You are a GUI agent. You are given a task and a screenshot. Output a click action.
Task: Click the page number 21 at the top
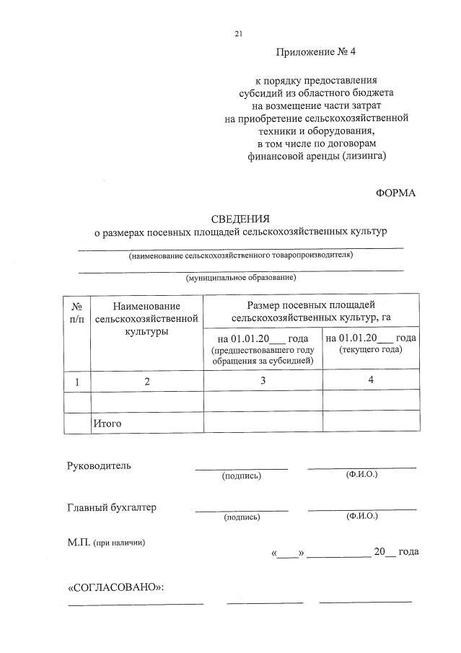(x=239, y=33)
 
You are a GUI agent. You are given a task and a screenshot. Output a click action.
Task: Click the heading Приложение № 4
(x=310, y=52)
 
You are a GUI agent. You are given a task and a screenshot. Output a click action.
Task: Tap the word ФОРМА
(x=396, y=193)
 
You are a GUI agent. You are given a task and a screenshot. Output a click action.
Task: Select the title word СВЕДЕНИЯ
(x=240, y=219)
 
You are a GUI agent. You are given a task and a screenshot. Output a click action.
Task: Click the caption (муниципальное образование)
(x=241, y=277)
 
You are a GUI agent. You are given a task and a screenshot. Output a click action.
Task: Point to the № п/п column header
(x=78, y=312)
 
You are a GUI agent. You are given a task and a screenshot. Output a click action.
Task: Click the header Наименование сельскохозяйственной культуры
(x=146, y=318)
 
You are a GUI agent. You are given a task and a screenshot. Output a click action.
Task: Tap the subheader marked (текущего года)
(x=370, y=349)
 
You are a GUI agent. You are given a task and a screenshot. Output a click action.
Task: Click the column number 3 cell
(x=263, y=380)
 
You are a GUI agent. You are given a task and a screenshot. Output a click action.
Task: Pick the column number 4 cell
(x=371, y=380)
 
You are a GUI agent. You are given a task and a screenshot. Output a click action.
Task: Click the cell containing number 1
(x=78, y=381)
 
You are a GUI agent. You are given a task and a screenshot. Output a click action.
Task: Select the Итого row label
(x=107, y=424)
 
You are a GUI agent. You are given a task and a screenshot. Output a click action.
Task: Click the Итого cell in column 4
(x=371, y=422)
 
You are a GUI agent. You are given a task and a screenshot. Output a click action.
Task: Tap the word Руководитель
(x=100, y=465)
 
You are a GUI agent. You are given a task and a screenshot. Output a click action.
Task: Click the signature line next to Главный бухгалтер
(x=241, y=509)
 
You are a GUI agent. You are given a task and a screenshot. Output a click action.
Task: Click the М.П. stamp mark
(x=78, y=543)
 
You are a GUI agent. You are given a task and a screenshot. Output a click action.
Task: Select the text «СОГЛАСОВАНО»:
(x=116, y=587)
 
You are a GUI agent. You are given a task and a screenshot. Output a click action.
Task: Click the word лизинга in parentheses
(x=362, y=156)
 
